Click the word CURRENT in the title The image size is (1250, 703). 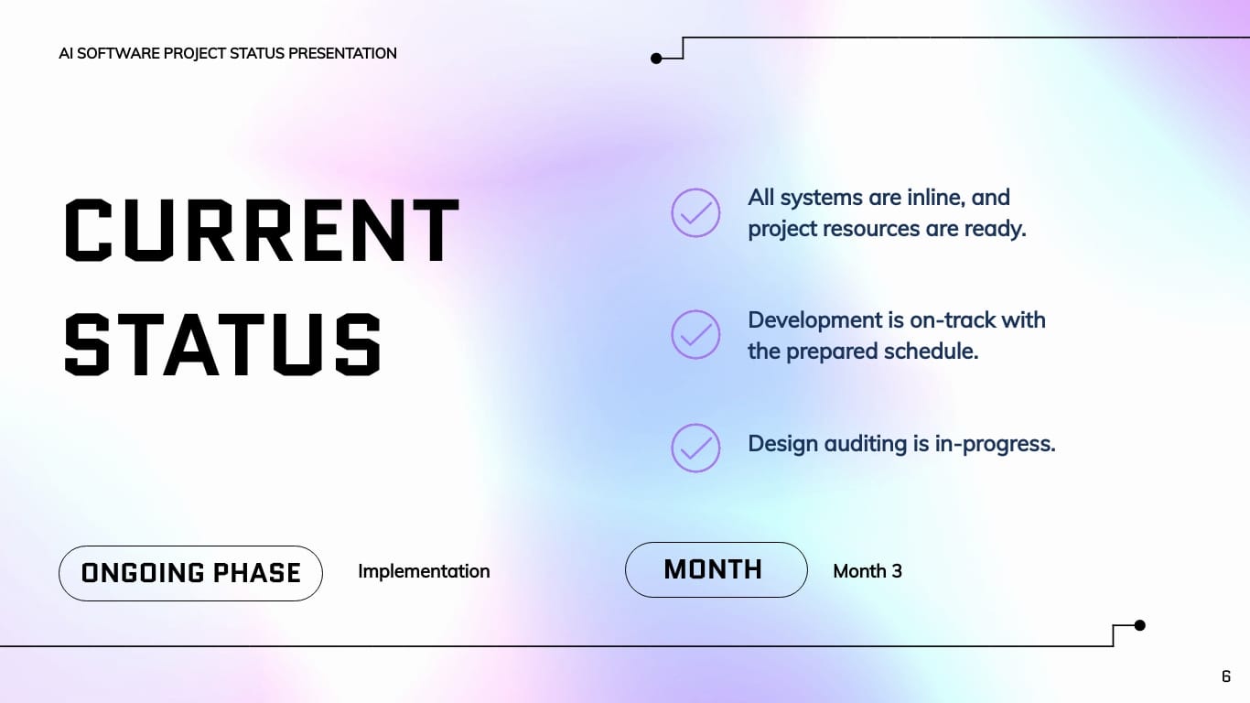(262, 230)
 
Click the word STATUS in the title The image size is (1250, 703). (223, 345)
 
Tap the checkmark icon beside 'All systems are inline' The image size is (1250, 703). (695, 212)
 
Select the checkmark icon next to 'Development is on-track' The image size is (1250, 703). (695, 335)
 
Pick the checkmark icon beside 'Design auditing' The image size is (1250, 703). (695, 448)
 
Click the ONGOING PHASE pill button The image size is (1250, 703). (190, 573)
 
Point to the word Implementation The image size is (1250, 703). (424, 571)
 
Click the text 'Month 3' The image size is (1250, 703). (867, 571)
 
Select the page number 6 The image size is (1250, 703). (1226, 676)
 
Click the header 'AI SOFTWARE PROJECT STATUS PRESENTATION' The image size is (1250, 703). (228, 53)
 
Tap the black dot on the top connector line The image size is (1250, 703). (656, 59)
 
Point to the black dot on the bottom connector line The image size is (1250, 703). (1139, 625)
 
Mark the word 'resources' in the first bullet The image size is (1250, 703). (875, 229)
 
